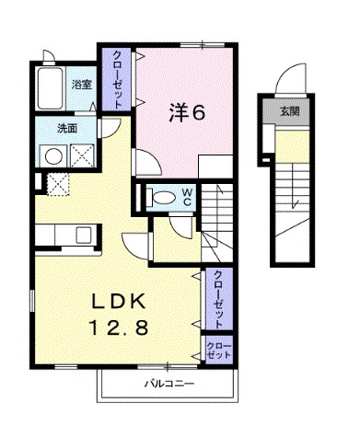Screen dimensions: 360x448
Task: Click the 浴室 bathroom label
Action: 82,85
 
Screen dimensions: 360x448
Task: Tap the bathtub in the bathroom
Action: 51,88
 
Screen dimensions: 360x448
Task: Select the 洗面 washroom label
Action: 67,129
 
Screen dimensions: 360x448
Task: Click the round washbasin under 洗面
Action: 53,156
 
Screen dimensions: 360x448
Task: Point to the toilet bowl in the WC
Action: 162,198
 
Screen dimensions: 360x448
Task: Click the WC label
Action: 188,197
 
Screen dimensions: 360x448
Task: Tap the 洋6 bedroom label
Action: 187,113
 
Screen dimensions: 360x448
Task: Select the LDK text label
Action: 119,303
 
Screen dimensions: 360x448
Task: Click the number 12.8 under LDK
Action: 119,327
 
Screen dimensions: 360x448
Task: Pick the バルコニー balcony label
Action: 169,384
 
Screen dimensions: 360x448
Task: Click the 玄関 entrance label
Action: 290,111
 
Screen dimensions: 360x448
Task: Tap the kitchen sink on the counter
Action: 84,235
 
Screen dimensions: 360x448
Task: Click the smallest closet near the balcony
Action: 218,350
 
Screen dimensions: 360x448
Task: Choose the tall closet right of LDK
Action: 218,299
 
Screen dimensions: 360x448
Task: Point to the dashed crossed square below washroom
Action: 58,184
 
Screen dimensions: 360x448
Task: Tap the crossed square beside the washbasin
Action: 82,156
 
